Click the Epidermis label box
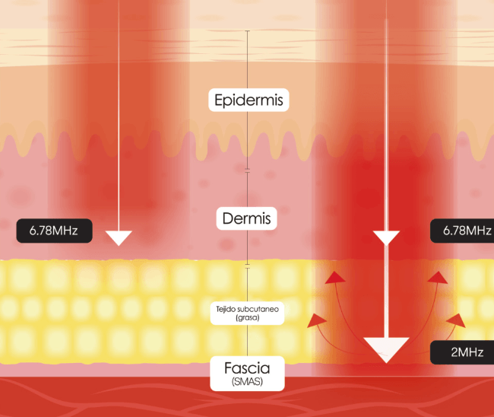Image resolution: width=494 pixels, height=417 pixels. tap(249, 100)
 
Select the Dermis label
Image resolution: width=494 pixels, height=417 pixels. tap(247, 218)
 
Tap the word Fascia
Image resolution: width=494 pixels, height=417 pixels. tap(247, 368)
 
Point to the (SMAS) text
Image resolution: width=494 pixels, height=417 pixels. tap(247, 382)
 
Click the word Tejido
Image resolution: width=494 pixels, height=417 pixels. tap(225, 309)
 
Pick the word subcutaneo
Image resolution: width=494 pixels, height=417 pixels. tap(258, 309)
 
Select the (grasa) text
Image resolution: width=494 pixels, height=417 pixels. tap(247, 317)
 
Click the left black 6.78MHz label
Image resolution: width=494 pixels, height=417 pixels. tap(54, 231)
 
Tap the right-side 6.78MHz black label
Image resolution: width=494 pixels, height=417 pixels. tap(462, 231)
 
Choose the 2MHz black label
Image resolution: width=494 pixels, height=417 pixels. tap(462, 352)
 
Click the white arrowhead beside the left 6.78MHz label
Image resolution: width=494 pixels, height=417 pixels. tap(119, 238)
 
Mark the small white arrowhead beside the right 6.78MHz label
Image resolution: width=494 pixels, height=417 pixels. tap(386, 238)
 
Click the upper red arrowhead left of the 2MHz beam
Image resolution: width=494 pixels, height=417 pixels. tap(334, 278)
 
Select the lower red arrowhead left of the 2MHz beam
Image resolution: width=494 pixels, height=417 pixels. tap(317, 321)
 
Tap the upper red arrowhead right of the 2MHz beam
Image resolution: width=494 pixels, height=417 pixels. tap(438, 278)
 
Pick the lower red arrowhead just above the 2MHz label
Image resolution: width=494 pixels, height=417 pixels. tap(456, 320)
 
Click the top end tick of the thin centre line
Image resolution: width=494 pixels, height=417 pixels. tap(247, 31)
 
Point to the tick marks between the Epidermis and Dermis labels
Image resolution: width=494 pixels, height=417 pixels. tap(247, 170)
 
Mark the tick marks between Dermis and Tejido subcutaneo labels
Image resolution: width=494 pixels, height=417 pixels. tap(247, 266)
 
